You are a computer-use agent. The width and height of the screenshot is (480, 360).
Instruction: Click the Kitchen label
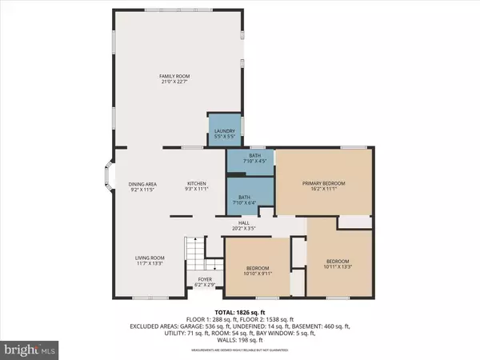[x=197, y=184]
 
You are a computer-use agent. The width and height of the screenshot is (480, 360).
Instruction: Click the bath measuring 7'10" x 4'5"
[x=250, y=160]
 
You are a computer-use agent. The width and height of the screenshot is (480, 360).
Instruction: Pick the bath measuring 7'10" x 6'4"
[x=250, y=198]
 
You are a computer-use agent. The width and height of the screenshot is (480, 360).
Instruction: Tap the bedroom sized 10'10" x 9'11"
[x=258, y=270]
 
